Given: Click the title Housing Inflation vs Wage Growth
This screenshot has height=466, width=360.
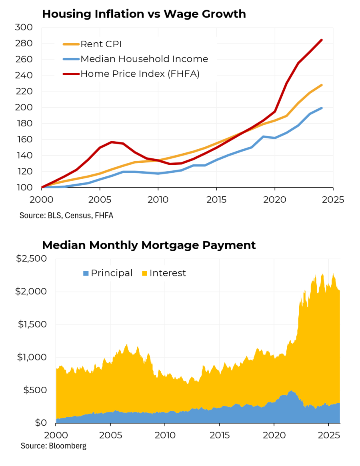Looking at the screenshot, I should point(144,14).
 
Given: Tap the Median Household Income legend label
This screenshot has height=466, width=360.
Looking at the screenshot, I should point(144,59).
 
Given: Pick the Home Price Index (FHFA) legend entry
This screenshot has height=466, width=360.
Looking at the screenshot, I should point(140,74).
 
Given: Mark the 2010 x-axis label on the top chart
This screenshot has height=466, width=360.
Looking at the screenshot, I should point(158,199).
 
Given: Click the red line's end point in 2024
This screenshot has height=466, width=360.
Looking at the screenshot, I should point(322,40).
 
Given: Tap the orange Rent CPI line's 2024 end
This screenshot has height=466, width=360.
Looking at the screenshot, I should point(322,85).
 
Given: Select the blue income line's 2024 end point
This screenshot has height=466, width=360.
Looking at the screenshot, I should point(322,108).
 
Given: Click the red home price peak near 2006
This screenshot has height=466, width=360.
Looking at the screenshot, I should point(112,142).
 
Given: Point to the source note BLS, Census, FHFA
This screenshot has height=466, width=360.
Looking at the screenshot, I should point(66,216).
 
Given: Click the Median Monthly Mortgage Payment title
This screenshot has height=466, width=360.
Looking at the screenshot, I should point(149,245).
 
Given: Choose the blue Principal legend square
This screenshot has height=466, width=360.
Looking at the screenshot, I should point(86,273).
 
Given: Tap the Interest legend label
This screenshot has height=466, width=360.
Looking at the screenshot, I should point(168,273).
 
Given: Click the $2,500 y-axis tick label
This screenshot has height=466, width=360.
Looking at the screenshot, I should point(32,259).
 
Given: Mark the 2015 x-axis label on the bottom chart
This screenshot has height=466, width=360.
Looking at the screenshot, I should point(219,434).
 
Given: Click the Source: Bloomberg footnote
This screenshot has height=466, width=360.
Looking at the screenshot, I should point(54,446).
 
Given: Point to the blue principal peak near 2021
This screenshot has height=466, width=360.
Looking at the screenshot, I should point(291,391).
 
